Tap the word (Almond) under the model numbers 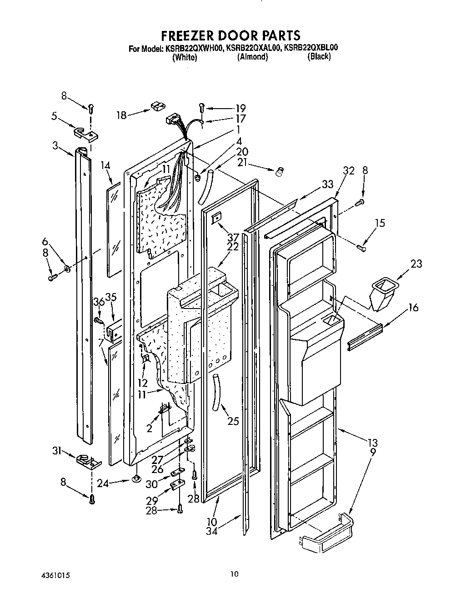(252, 57)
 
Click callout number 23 (416, 263)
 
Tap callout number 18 (121, 115)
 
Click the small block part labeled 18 (157, 106)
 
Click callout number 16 (413, 308)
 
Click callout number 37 (233, 237)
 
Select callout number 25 (232, 421)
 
